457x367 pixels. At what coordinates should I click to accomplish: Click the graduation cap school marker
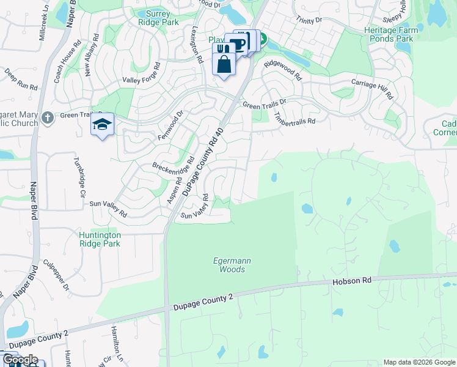click(x=103, y=124)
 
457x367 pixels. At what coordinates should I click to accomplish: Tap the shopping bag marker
click(x=224, y=64)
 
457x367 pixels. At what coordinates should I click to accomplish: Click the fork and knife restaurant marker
click(x=224, y=48)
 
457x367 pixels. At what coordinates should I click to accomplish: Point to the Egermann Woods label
click(x=232, y=264)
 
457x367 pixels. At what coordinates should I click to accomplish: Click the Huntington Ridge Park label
click(x=100, y=239)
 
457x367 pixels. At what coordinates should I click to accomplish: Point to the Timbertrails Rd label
click(x=294, y=116)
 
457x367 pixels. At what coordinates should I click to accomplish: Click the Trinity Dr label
click(x=309, y=20)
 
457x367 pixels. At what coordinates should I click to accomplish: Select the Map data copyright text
click(x=420, y=362)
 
